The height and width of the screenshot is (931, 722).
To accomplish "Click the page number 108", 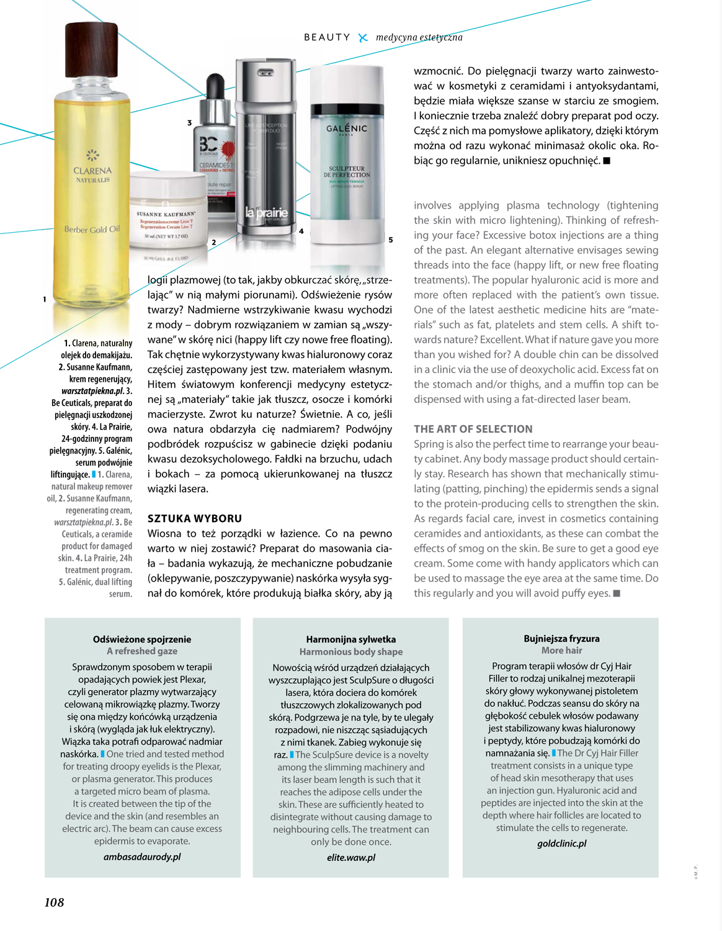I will coord(54,902).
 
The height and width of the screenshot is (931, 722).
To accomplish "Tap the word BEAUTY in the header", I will coord(327,37).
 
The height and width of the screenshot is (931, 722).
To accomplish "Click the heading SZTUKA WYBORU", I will coord(195,518).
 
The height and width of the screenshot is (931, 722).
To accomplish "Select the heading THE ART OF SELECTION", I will coord(473,429).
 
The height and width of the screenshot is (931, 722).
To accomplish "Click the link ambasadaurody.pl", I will coord(142,857).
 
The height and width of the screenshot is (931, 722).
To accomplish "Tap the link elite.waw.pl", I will coord(351,857).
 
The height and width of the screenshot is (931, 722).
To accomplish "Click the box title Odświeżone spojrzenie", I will coord(142,639).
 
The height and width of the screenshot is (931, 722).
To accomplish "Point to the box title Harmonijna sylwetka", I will coord(351,639).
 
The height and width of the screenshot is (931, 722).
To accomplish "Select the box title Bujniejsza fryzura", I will coord(561,638).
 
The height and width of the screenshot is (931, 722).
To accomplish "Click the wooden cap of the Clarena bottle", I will coord(92,49).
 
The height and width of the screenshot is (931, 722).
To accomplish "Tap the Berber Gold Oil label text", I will coord(92,229).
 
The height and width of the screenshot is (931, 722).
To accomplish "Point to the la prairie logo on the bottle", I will coord(266,214).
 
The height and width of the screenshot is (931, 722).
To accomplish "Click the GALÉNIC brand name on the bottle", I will coord(347,128).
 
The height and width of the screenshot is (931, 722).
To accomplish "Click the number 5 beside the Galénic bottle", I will coord(391,240).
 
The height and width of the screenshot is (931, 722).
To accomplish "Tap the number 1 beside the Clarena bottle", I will coord(45,299).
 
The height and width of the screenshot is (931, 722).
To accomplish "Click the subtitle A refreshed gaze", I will coord(142,651).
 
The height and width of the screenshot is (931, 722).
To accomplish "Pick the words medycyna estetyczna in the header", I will coord(419,37).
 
